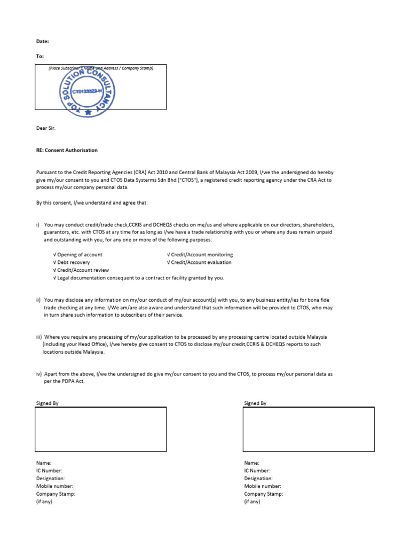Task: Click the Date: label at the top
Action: (x=42, y=41)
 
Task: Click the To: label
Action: (x=40, y=56)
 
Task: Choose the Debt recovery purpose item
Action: (x=72, y=262)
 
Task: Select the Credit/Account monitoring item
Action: (x=200, y=255)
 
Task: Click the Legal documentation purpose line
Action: (x=139, y=278)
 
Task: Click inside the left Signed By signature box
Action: (x=100, y=429)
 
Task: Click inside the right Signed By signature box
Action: (x=309, y=429)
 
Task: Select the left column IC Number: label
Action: (x=49, y=471)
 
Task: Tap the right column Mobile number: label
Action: (x=263, y=486)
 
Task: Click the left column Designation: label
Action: (x=51, y=479)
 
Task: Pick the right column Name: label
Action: (x=251, y=463)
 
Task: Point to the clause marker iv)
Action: (x=39, y=374)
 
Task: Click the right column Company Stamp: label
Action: (x=264, y=494)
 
